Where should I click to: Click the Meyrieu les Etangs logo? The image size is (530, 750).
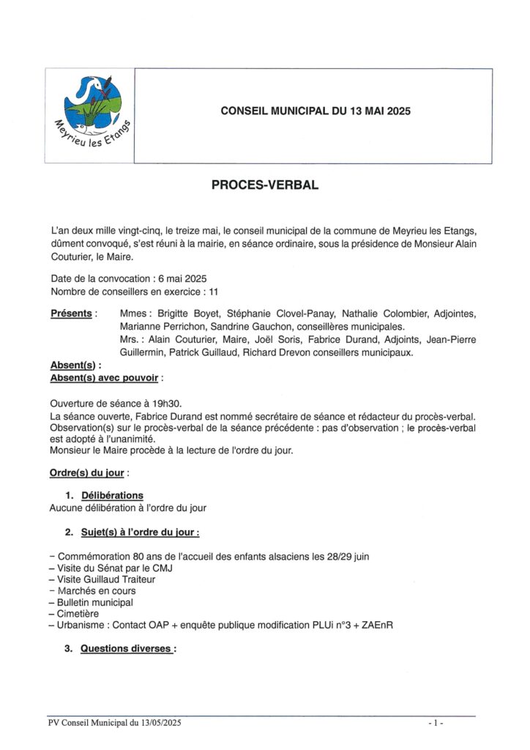(89, 114)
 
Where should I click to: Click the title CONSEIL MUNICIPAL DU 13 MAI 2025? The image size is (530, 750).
(316, 111)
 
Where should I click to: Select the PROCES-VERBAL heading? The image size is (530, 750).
(265, 185)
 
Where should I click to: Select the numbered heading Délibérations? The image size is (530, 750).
(112, 495)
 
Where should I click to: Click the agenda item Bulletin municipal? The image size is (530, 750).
(95, 602)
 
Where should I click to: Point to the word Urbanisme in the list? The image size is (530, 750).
(81, 625)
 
